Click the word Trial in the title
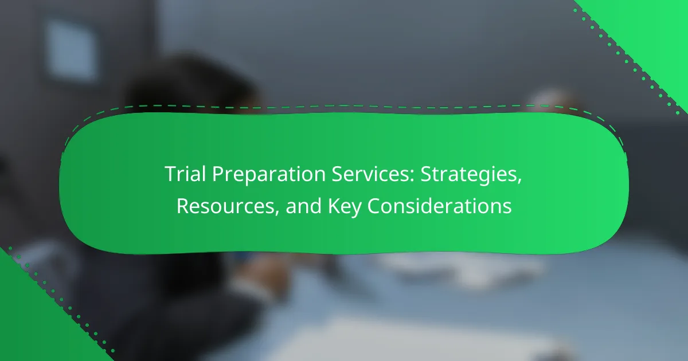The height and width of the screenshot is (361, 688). pos(185,174)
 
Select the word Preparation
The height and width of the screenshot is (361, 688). pos(269,175)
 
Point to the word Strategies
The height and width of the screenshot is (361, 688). pos(469,175)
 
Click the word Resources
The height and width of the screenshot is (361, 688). pos(226,206)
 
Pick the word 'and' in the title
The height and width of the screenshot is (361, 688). pos(304,205)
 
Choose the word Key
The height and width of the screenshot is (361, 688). pos(345,207)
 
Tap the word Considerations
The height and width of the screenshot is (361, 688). pos(440,205)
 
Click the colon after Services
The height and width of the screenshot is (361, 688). pos(412,176)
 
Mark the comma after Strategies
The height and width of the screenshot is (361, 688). pos(519,181)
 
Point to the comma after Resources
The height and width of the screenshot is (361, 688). pos(277,213)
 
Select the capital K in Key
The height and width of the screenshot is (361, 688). pos(334,206)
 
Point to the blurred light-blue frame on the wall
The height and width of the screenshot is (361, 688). pos(71,49)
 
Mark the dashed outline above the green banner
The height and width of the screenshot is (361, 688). pos(344,106)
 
